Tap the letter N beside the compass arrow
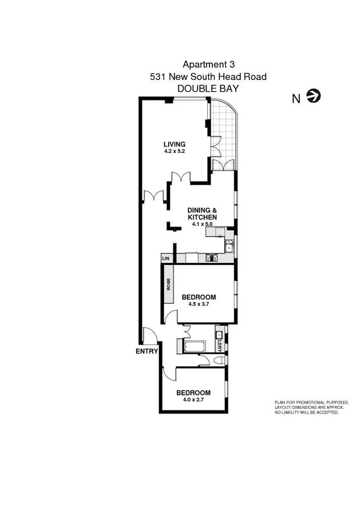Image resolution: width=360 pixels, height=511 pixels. pyautogui.click(x=296, y=98)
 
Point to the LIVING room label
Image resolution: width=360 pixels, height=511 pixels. pyautogui.click(x=174, y=144)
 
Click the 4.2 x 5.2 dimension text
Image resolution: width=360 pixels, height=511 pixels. pyautogui.click(x=174, y=151)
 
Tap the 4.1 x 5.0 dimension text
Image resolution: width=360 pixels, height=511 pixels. pyautogui.click(x=202, y=224)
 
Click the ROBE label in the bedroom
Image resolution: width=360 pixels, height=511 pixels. pyautogui.click(x=169, y=285)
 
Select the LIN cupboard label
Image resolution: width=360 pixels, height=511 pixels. pyautogui.click(x=165, y=258)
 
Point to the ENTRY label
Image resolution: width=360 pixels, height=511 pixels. pyautogui.click(x=146, y=352)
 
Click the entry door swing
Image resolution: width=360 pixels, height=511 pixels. pyautogui.click(x=149, y=336)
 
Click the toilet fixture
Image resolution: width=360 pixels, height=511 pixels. pyautogui.click(x=218, y=362)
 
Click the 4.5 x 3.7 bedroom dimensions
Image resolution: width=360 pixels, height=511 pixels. pyautogui.click(x=198, y=304)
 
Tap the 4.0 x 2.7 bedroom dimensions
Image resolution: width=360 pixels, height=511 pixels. pyautogui.click(x=194, y=399)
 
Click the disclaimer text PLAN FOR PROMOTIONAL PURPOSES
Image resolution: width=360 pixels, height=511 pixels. pyautogui.click(x=312, y=402)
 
